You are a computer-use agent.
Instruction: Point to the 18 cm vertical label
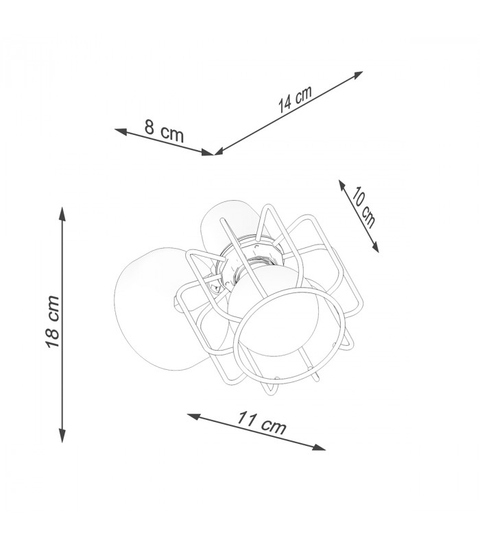point(53,322)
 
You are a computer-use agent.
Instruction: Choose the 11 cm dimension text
point(262,423)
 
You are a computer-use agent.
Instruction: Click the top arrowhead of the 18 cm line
point(62,214)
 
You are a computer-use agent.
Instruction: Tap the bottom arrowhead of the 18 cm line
point(62,436)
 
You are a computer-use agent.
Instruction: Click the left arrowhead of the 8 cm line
point(121,132)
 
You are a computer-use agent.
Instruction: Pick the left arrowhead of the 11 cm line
point(194,416)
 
